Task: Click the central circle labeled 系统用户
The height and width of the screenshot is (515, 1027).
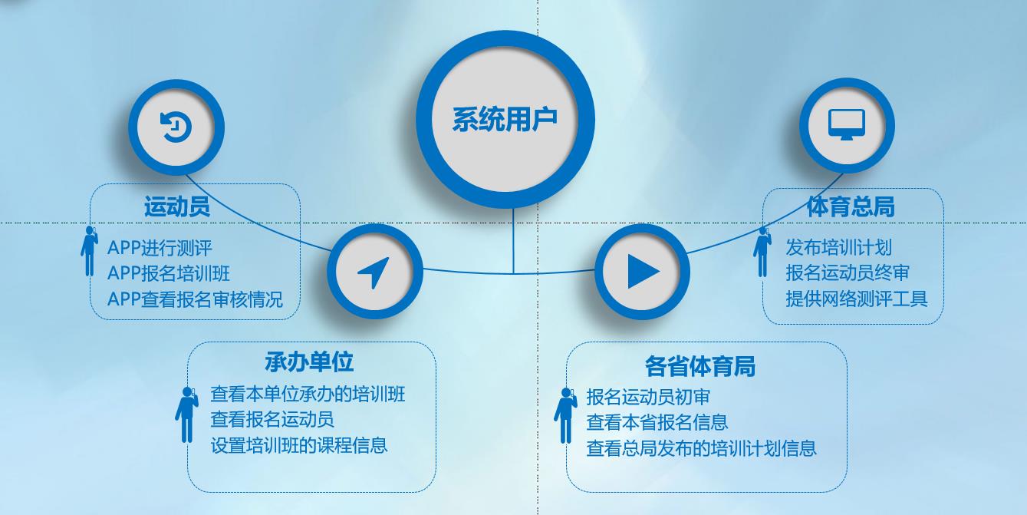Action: [505, 120]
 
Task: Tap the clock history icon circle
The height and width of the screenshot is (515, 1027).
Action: [176, 127]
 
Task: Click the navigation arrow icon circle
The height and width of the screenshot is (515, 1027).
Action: [374, 272]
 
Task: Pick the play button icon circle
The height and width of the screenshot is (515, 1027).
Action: [642, 272]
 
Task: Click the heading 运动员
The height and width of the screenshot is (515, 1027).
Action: [177, 207]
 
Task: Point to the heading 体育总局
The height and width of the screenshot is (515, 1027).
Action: [851, 206]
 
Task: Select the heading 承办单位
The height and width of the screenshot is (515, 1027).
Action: [309, 361]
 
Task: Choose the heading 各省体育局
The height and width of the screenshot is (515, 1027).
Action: [699, 366]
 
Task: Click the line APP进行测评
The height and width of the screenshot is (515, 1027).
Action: [160, 248]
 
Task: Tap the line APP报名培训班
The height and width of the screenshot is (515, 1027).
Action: [169, 273]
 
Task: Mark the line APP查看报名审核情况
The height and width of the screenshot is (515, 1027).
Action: [195, 299]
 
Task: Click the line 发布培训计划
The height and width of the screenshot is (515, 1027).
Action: [838, 247]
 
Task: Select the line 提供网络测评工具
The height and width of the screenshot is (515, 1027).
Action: [856, 298]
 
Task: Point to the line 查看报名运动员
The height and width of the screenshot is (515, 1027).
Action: [272, 420]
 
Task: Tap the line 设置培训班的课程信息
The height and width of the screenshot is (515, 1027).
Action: [299, 445]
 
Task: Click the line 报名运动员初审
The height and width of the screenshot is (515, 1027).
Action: [648, 397]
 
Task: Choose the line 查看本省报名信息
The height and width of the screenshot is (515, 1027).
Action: [657, 422]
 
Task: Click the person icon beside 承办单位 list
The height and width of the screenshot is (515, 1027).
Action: [186, 414]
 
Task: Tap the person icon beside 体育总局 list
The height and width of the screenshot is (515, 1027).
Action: [762, 251]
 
